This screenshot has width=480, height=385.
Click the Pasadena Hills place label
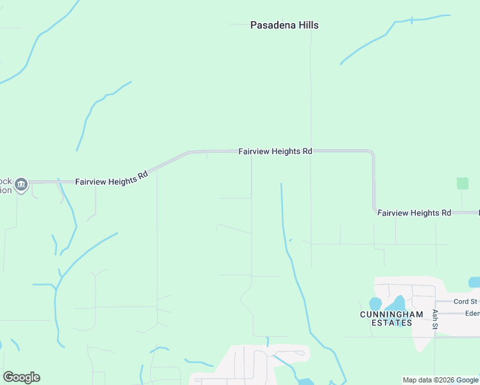point(284,26)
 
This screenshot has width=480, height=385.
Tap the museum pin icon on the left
point(21,185)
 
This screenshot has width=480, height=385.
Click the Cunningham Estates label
point(391,318)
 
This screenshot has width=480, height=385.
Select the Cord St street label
point(465,302)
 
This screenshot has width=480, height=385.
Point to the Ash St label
point(435,320)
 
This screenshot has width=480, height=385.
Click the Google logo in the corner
point(21,377)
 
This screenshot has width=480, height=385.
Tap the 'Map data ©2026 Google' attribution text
point(440,380)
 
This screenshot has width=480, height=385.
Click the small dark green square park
point(462,183)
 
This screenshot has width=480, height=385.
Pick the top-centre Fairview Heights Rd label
point(275,151)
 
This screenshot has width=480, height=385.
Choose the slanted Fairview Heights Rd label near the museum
point(112,178)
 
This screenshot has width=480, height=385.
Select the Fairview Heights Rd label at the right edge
point(414,212)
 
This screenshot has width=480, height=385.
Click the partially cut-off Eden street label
point(472,314)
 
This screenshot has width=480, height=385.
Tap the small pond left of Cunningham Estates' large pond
point(375,304)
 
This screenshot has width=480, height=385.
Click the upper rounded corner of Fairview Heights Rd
point(370,154)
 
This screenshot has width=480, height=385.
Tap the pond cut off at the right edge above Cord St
point(474,282)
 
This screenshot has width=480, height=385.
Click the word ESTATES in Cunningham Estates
point(391,323)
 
